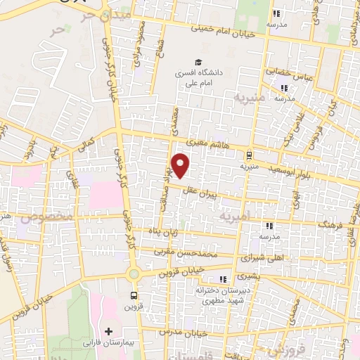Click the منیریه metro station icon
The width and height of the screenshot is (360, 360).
[250, 155]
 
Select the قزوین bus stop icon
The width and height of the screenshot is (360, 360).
[134, 295]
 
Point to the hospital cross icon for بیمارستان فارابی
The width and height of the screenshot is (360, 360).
[108, 330]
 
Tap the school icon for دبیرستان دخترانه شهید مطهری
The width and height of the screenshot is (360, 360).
[224, 279]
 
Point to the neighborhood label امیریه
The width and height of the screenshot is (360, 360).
[234, 217]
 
